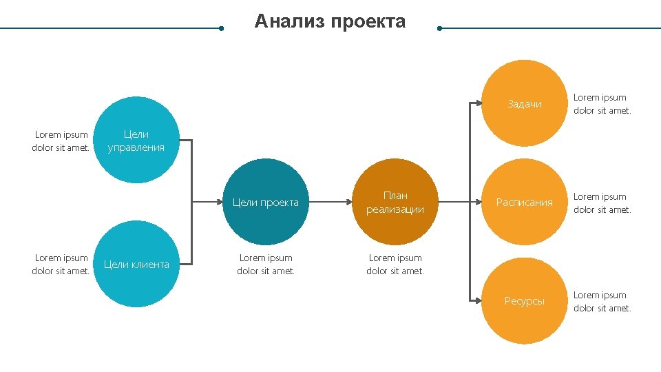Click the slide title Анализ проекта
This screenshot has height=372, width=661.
click(330, 22)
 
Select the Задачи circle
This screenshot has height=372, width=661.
click(524, 104)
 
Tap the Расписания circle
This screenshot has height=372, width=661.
click(524, 203)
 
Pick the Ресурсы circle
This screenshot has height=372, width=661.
click(524, 301)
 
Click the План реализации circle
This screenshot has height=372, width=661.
click(395, 203)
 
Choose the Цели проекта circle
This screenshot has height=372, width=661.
click(266, 203)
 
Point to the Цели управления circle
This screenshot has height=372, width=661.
click(136, 141)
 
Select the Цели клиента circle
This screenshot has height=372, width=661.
click(136, 265)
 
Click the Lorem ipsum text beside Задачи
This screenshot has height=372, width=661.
click(602, 104)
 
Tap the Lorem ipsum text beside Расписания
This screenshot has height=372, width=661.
click(602, 203)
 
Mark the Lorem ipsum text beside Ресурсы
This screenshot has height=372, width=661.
click(602, 302)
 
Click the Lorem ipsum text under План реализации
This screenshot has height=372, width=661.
click(395, 265)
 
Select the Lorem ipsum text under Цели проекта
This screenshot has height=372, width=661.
click(266, 265)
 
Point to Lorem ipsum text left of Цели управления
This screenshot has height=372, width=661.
click(61, 141)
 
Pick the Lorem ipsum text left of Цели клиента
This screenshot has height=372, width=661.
click(61, 265)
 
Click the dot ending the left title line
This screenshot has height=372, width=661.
click(221, 29)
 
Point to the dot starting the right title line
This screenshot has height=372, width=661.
click(439, 29)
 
